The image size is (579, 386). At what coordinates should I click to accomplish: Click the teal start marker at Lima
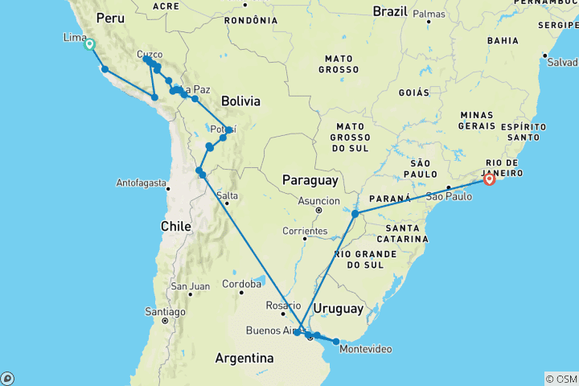pos(89,45)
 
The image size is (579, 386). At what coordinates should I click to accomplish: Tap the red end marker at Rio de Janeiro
pos(489,180)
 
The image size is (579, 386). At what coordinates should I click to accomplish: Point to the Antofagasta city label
pos(142,182)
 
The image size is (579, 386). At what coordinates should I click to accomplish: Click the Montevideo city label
pos(366,350)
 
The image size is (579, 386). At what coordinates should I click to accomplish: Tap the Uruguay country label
pos(339,309)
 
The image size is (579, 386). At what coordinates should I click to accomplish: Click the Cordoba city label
pos(243,284)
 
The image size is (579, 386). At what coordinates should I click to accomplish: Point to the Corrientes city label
pos(305,232)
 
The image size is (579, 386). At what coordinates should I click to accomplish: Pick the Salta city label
pos(227,195)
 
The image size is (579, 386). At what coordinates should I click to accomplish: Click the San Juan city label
pos(190,286)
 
